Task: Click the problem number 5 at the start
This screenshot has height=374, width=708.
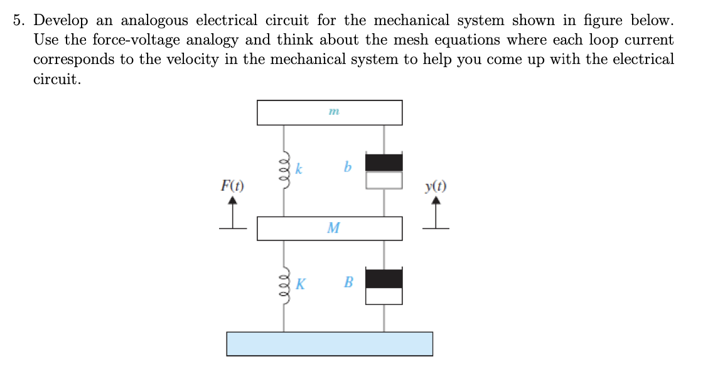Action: click(19, 20)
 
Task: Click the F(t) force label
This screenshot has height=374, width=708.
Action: click(232, 186)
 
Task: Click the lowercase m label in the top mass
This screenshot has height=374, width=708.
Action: click(333, 112)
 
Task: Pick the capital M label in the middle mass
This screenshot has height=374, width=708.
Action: click(333, 228)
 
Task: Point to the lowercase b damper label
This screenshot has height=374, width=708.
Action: click(347, 168)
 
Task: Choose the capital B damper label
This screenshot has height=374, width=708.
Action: click(348, 282)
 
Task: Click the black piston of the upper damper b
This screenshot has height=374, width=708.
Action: click(383, 162)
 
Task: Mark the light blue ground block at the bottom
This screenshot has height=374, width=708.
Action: click(330, 344)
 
